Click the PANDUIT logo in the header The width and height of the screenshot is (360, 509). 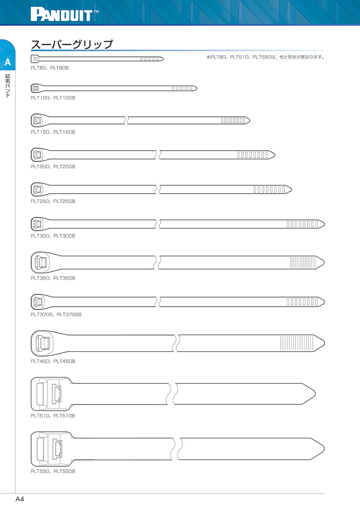coord(64,15)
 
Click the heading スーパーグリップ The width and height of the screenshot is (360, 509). coord(72,44)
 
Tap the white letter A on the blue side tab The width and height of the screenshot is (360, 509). coord(8,63)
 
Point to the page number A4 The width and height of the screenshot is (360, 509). coord(20,499)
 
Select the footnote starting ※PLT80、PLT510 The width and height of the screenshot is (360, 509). coord(265,57)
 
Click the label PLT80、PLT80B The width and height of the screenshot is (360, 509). coord(50,68)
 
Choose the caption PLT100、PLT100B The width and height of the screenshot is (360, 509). coord(53,98)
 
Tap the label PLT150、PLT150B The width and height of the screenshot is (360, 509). coord(53,132)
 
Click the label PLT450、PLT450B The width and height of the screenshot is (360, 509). coord(53,361)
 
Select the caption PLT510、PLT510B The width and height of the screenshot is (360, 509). coord(53,416)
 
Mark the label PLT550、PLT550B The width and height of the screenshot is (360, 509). coord(53,471)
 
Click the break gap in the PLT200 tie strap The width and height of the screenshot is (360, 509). coord(157,154)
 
